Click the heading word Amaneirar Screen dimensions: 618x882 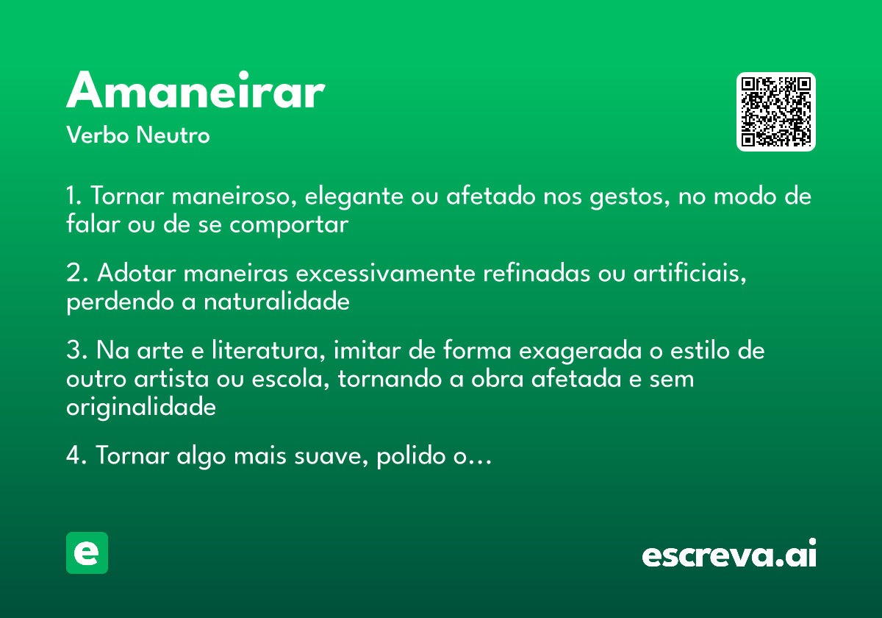(196, 91)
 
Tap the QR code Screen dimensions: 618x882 (776, 112)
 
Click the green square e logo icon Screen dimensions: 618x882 (87, 553)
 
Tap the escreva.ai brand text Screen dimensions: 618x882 (729, 554)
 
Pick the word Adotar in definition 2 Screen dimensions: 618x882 (137, 274)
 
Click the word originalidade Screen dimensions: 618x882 (141, 407)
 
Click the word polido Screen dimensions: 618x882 (410, 456)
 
